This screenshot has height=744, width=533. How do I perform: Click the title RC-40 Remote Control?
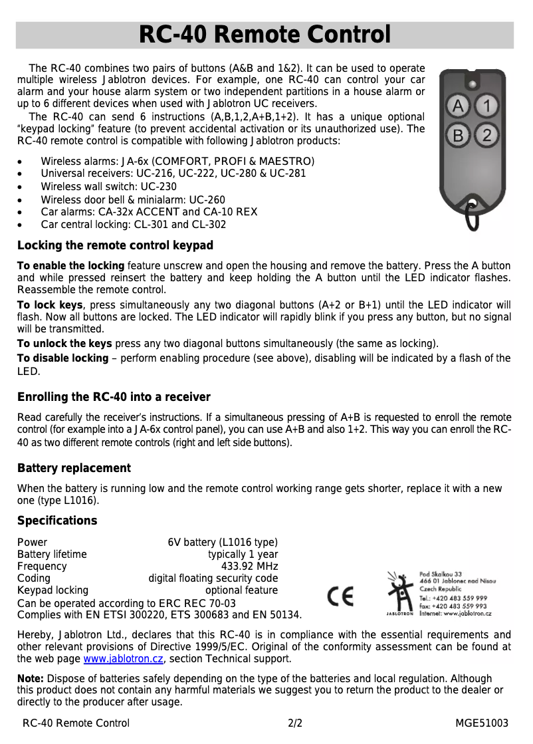coord(265,35)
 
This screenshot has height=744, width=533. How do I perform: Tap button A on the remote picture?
coord(458,106)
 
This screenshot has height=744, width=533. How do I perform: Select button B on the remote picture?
coord(458,136)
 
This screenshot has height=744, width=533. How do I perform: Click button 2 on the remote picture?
coord(487,136)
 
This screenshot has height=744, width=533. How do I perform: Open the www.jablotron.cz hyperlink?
coord(123,659)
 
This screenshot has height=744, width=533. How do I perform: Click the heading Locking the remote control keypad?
coord(115,245)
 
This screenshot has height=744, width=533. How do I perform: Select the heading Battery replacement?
coord(74,468)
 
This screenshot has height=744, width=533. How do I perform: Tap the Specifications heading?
coord(57,520)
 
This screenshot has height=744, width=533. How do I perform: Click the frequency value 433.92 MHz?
coord(249,566)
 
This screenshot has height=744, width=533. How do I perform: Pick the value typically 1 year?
coord(243,555)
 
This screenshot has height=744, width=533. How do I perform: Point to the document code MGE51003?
coord(481,723)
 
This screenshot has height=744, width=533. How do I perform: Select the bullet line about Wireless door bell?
coord(133,200)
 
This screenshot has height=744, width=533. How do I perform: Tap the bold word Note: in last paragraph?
coord(31,679)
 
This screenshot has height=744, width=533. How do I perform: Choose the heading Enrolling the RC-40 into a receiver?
coord(114,397)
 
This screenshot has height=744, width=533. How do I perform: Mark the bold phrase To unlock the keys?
coord(64,344)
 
